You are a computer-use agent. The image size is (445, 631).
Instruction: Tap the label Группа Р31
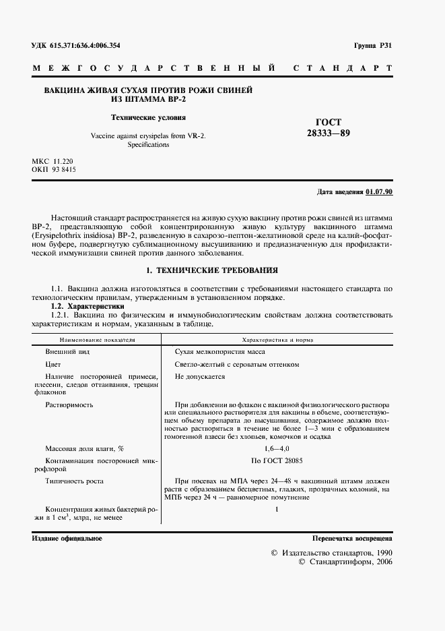point(372,46)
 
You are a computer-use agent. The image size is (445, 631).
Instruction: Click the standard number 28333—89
point(328,133)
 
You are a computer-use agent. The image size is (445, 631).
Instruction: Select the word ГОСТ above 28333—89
point(328,122)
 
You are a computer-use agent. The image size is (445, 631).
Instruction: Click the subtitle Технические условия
point(149,116)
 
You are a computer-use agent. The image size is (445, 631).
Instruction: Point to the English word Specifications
point(149,145)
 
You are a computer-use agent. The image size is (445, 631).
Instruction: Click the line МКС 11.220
point(53,162)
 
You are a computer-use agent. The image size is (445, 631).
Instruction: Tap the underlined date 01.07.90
point(379,191)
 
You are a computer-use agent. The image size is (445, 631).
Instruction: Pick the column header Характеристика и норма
point(277,340)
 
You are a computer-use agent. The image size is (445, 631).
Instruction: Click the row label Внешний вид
point(67,352)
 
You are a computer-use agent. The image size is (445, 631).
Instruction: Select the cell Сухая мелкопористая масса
point(219,352)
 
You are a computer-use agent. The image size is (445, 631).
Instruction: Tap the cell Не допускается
point(199,377)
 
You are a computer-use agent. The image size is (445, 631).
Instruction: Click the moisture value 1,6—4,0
point(277,448)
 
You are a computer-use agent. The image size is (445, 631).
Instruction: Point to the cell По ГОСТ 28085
point(277,460)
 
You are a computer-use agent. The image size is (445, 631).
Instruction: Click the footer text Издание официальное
point(67,538)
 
